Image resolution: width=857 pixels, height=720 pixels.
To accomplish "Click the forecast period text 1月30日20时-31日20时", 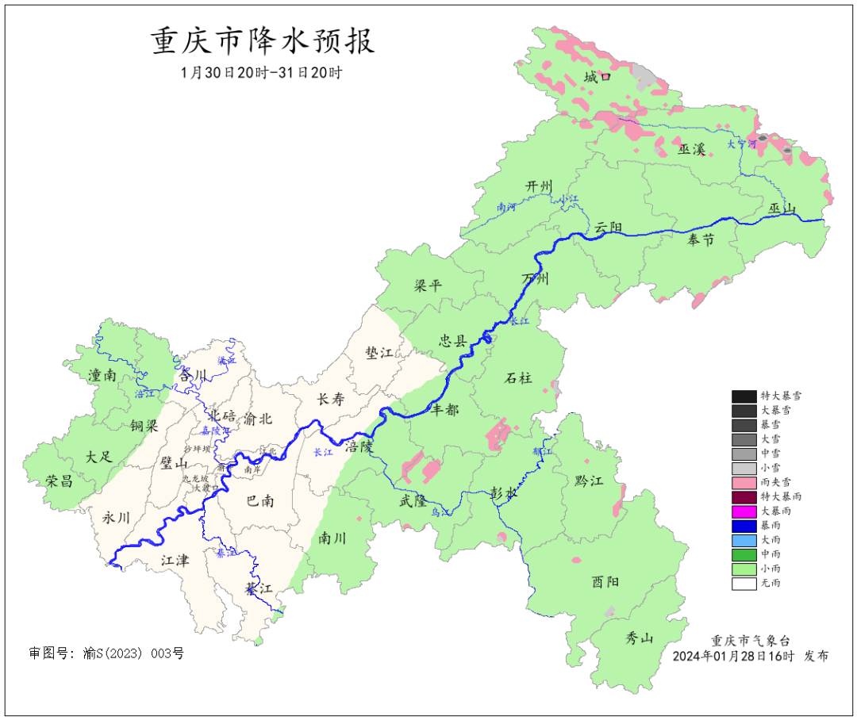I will coord(261,72).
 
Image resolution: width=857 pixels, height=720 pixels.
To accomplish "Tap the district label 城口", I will coord(598,77).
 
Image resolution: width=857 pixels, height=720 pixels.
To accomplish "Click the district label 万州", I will coord(536,279).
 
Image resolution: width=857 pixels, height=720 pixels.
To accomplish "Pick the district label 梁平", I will coord(428,286).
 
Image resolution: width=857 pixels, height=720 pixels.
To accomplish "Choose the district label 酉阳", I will coord(605,582).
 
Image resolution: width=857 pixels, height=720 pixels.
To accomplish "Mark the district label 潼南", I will coord(103,376).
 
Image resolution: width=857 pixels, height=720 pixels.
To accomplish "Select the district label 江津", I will coord(175,561).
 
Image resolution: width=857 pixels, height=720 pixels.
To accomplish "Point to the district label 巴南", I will coord(260,501).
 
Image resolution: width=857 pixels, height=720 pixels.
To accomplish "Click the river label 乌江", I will coord(440,513).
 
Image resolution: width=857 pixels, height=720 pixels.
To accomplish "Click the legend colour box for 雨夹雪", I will coord(744,482).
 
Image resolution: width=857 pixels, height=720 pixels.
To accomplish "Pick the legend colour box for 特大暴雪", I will coord(744,396).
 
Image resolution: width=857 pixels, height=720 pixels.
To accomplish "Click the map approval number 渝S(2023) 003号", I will coord(106,653).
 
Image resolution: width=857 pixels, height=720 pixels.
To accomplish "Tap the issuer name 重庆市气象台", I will coord(750,641).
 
